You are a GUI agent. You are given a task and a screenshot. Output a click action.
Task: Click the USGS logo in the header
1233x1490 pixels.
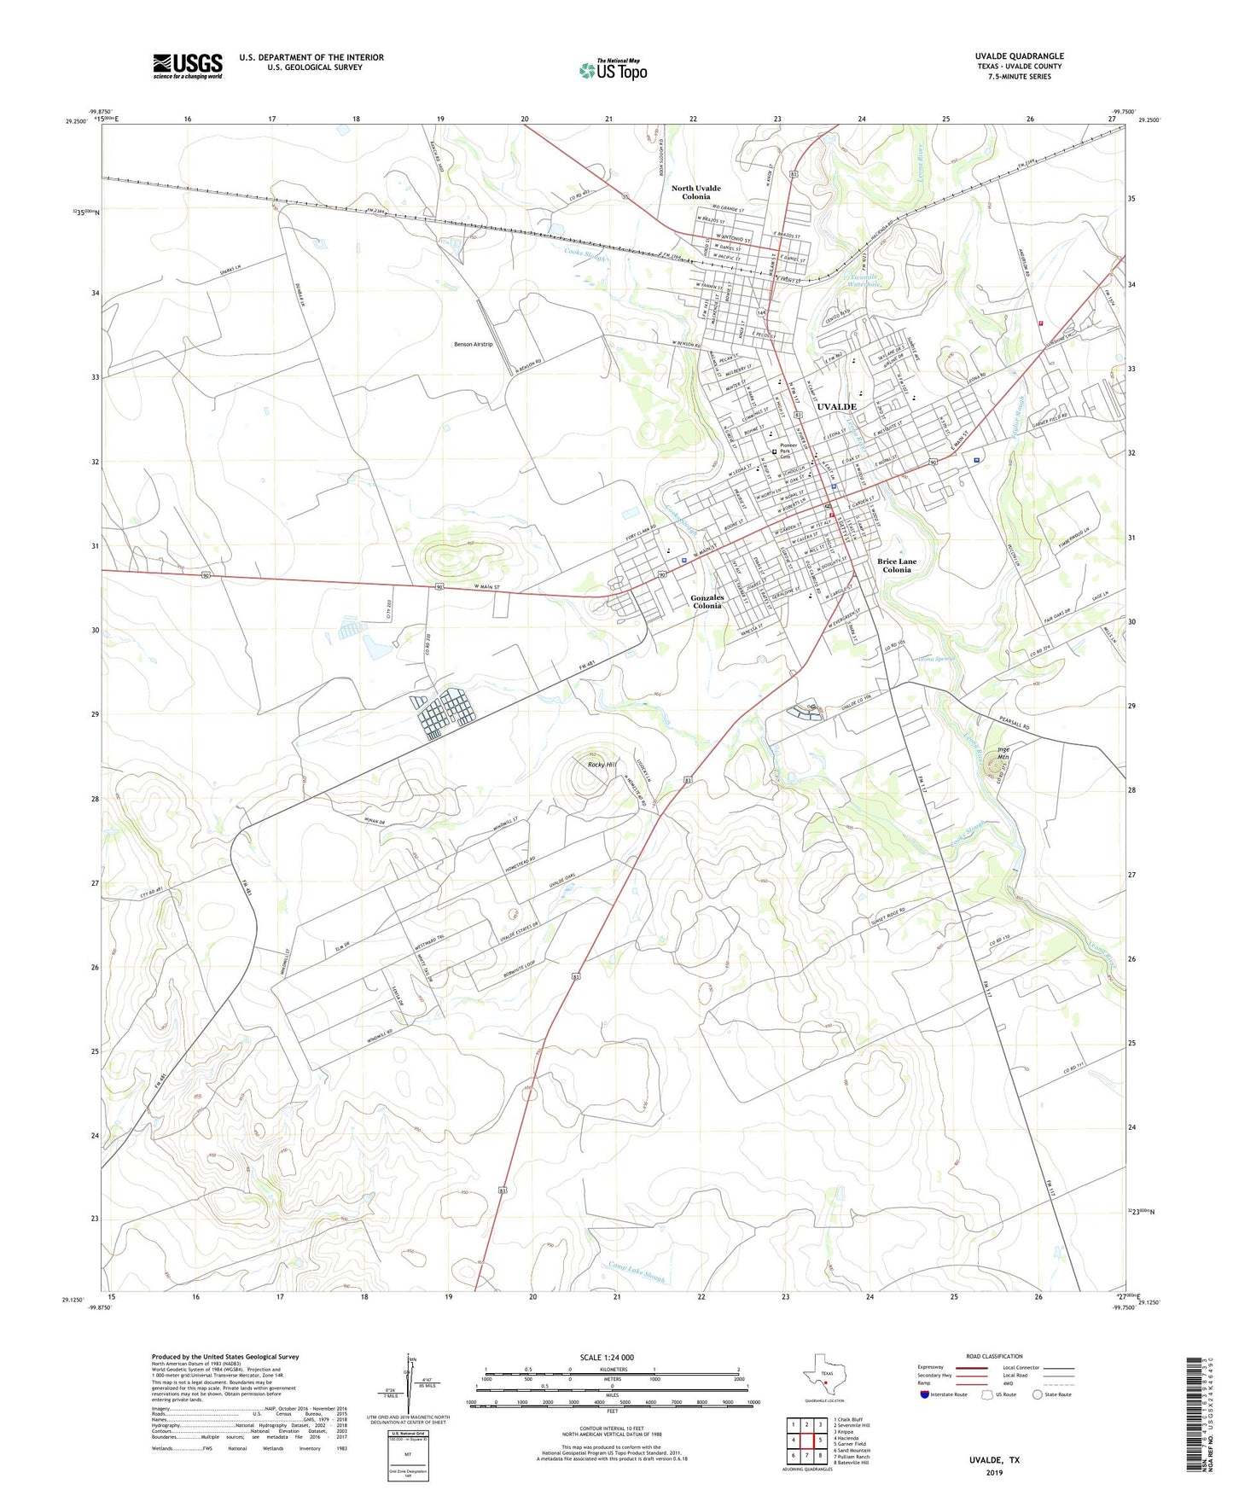coord(188,65)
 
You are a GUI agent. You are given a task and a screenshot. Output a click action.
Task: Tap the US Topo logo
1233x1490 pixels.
coord(613,70)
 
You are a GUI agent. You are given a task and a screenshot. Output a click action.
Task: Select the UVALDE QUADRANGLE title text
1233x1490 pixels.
coord(1019,56)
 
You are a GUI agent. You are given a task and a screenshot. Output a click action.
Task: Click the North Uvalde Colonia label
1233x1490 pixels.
coord(695,192)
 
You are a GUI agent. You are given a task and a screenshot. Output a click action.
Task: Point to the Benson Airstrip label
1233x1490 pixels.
coord(473,344)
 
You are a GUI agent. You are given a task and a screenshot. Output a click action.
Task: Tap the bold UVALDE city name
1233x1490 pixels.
coord(836,407)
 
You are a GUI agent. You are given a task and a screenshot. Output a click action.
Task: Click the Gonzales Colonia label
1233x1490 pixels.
coord(707,602)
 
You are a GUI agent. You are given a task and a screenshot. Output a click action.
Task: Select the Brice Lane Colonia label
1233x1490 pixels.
coord(897,566)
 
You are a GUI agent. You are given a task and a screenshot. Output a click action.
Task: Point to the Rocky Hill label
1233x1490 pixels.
coord(602,765)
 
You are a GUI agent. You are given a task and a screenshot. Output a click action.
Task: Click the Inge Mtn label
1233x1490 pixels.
coord(1003,754)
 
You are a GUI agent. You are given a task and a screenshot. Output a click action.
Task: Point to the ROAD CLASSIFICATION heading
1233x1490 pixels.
coord(993,1356)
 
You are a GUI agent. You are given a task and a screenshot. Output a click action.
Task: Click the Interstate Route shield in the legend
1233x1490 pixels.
coord(925,1395)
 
